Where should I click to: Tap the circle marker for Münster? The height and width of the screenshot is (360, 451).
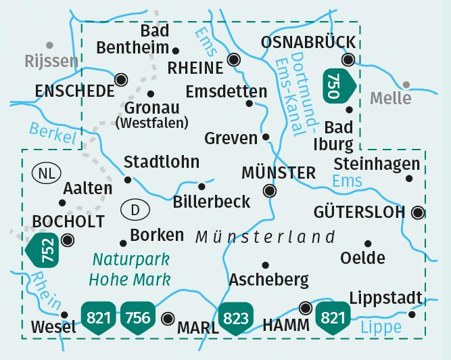click(270, 191)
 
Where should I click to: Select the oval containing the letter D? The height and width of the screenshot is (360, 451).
click(135, 210)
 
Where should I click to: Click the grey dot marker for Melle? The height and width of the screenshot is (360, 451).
click(406, 85)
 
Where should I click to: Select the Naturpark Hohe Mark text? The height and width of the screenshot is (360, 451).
click(131, 269)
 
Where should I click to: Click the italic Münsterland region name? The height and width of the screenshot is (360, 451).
click(265, 237)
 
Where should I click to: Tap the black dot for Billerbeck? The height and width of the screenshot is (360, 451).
click(201, 186)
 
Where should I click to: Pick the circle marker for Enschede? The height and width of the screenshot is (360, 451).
click(122, 79)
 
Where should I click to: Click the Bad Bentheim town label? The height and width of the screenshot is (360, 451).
click(132, 39)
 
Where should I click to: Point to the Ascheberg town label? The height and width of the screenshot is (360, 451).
click(268, 279)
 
